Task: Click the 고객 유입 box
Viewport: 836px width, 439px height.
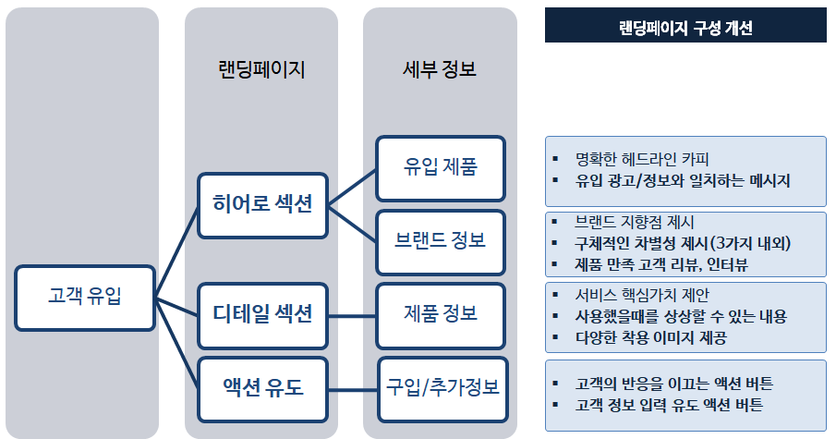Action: pyautogui.click(x=85, y=297)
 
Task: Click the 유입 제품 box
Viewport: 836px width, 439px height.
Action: pyautogui.click(x=441, y=168)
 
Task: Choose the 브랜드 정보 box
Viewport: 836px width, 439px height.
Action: pyautogui.click(x=441, y=241)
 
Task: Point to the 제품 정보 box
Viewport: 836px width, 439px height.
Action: pyautogui.click(x=441, y=313)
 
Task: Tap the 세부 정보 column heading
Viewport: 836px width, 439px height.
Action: pyautogui.click(x=440, y=69)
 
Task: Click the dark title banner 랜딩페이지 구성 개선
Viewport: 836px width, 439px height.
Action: pyautogui.click(x=685, y=28)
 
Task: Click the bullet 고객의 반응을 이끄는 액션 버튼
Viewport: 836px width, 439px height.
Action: pyautogui.click(x=673, y=383)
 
